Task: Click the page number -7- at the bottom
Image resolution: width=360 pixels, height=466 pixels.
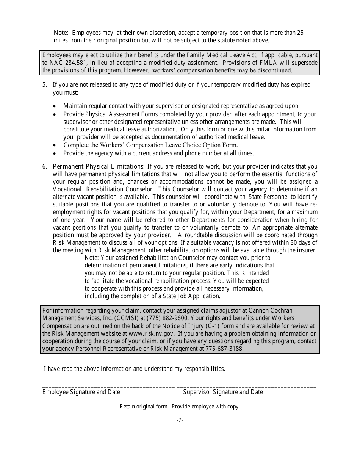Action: (180, 420)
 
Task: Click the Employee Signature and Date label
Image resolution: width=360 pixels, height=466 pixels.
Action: (81, 392)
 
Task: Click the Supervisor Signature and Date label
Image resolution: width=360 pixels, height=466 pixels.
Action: (223, 392)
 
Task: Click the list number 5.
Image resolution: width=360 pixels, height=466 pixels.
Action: (44, 85)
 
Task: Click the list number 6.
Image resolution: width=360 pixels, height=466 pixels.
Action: (44, 167)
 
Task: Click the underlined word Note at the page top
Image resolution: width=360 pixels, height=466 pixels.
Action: (61, 33)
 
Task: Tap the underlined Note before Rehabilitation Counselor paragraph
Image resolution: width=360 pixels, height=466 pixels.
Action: (92, 258)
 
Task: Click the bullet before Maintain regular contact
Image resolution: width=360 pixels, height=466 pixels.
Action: (55, 106)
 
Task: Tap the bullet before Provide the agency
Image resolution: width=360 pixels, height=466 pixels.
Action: (55, 154)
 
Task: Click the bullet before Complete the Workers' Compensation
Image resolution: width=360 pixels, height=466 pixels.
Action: (55, 145)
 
